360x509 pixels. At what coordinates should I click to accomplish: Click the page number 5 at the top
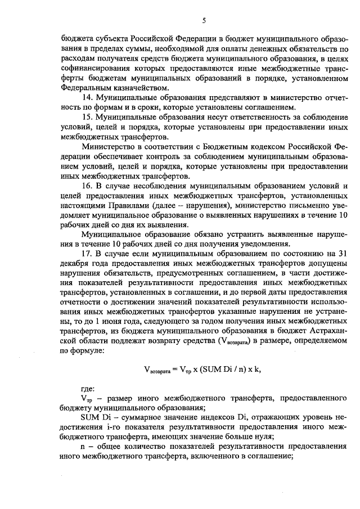pyautogui.click(x=204, y=21)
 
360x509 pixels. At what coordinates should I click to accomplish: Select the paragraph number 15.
pyautogui.click(x=87, y=117)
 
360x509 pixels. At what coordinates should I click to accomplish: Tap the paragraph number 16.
pyautogui.click(x=87, y=186)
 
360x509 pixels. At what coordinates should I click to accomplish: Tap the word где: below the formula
pyautogui.click(x=88, y=389)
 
